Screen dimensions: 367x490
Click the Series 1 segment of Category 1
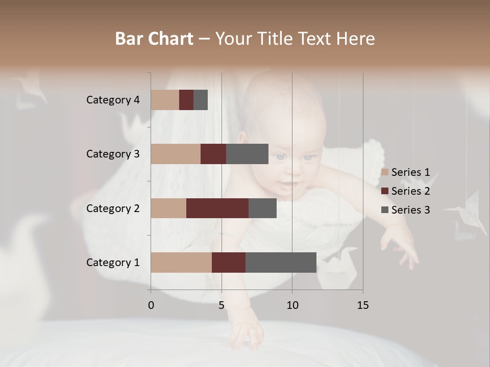coord(181,263)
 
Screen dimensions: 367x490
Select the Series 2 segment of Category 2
coord(217,208)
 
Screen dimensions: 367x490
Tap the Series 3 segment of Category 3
coord(247,154)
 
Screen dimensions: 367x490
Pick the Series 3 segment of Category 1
coord(281,263)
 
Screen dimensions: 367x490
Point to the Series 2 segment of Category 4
coord(186,100)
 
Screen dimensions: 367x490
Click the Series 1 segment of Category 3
coord(176,154)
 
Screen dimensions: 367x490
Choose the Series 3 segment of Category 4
coord(201,100)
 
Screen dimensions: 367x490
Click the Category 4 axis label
coord(113,100)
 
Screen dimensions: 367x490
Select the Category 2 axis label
coord(113,208)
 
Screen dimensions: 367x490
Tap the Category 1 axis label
coord(113,263)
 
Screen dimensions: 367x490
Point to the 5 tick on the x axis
coord(222,305)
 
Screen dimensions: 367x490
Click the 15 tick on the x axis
coord(362,305)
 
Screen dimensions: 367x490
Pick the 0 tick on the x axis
coord(151,305)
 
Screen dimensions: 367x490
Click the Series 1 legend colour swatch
coord(385,172)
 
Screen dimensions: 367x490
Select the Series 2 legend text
coord(410,191)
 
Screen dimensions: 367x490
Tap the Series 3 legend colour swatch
coord(385,210)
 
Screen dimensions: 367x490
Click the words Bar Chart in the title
coord(154,38)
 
